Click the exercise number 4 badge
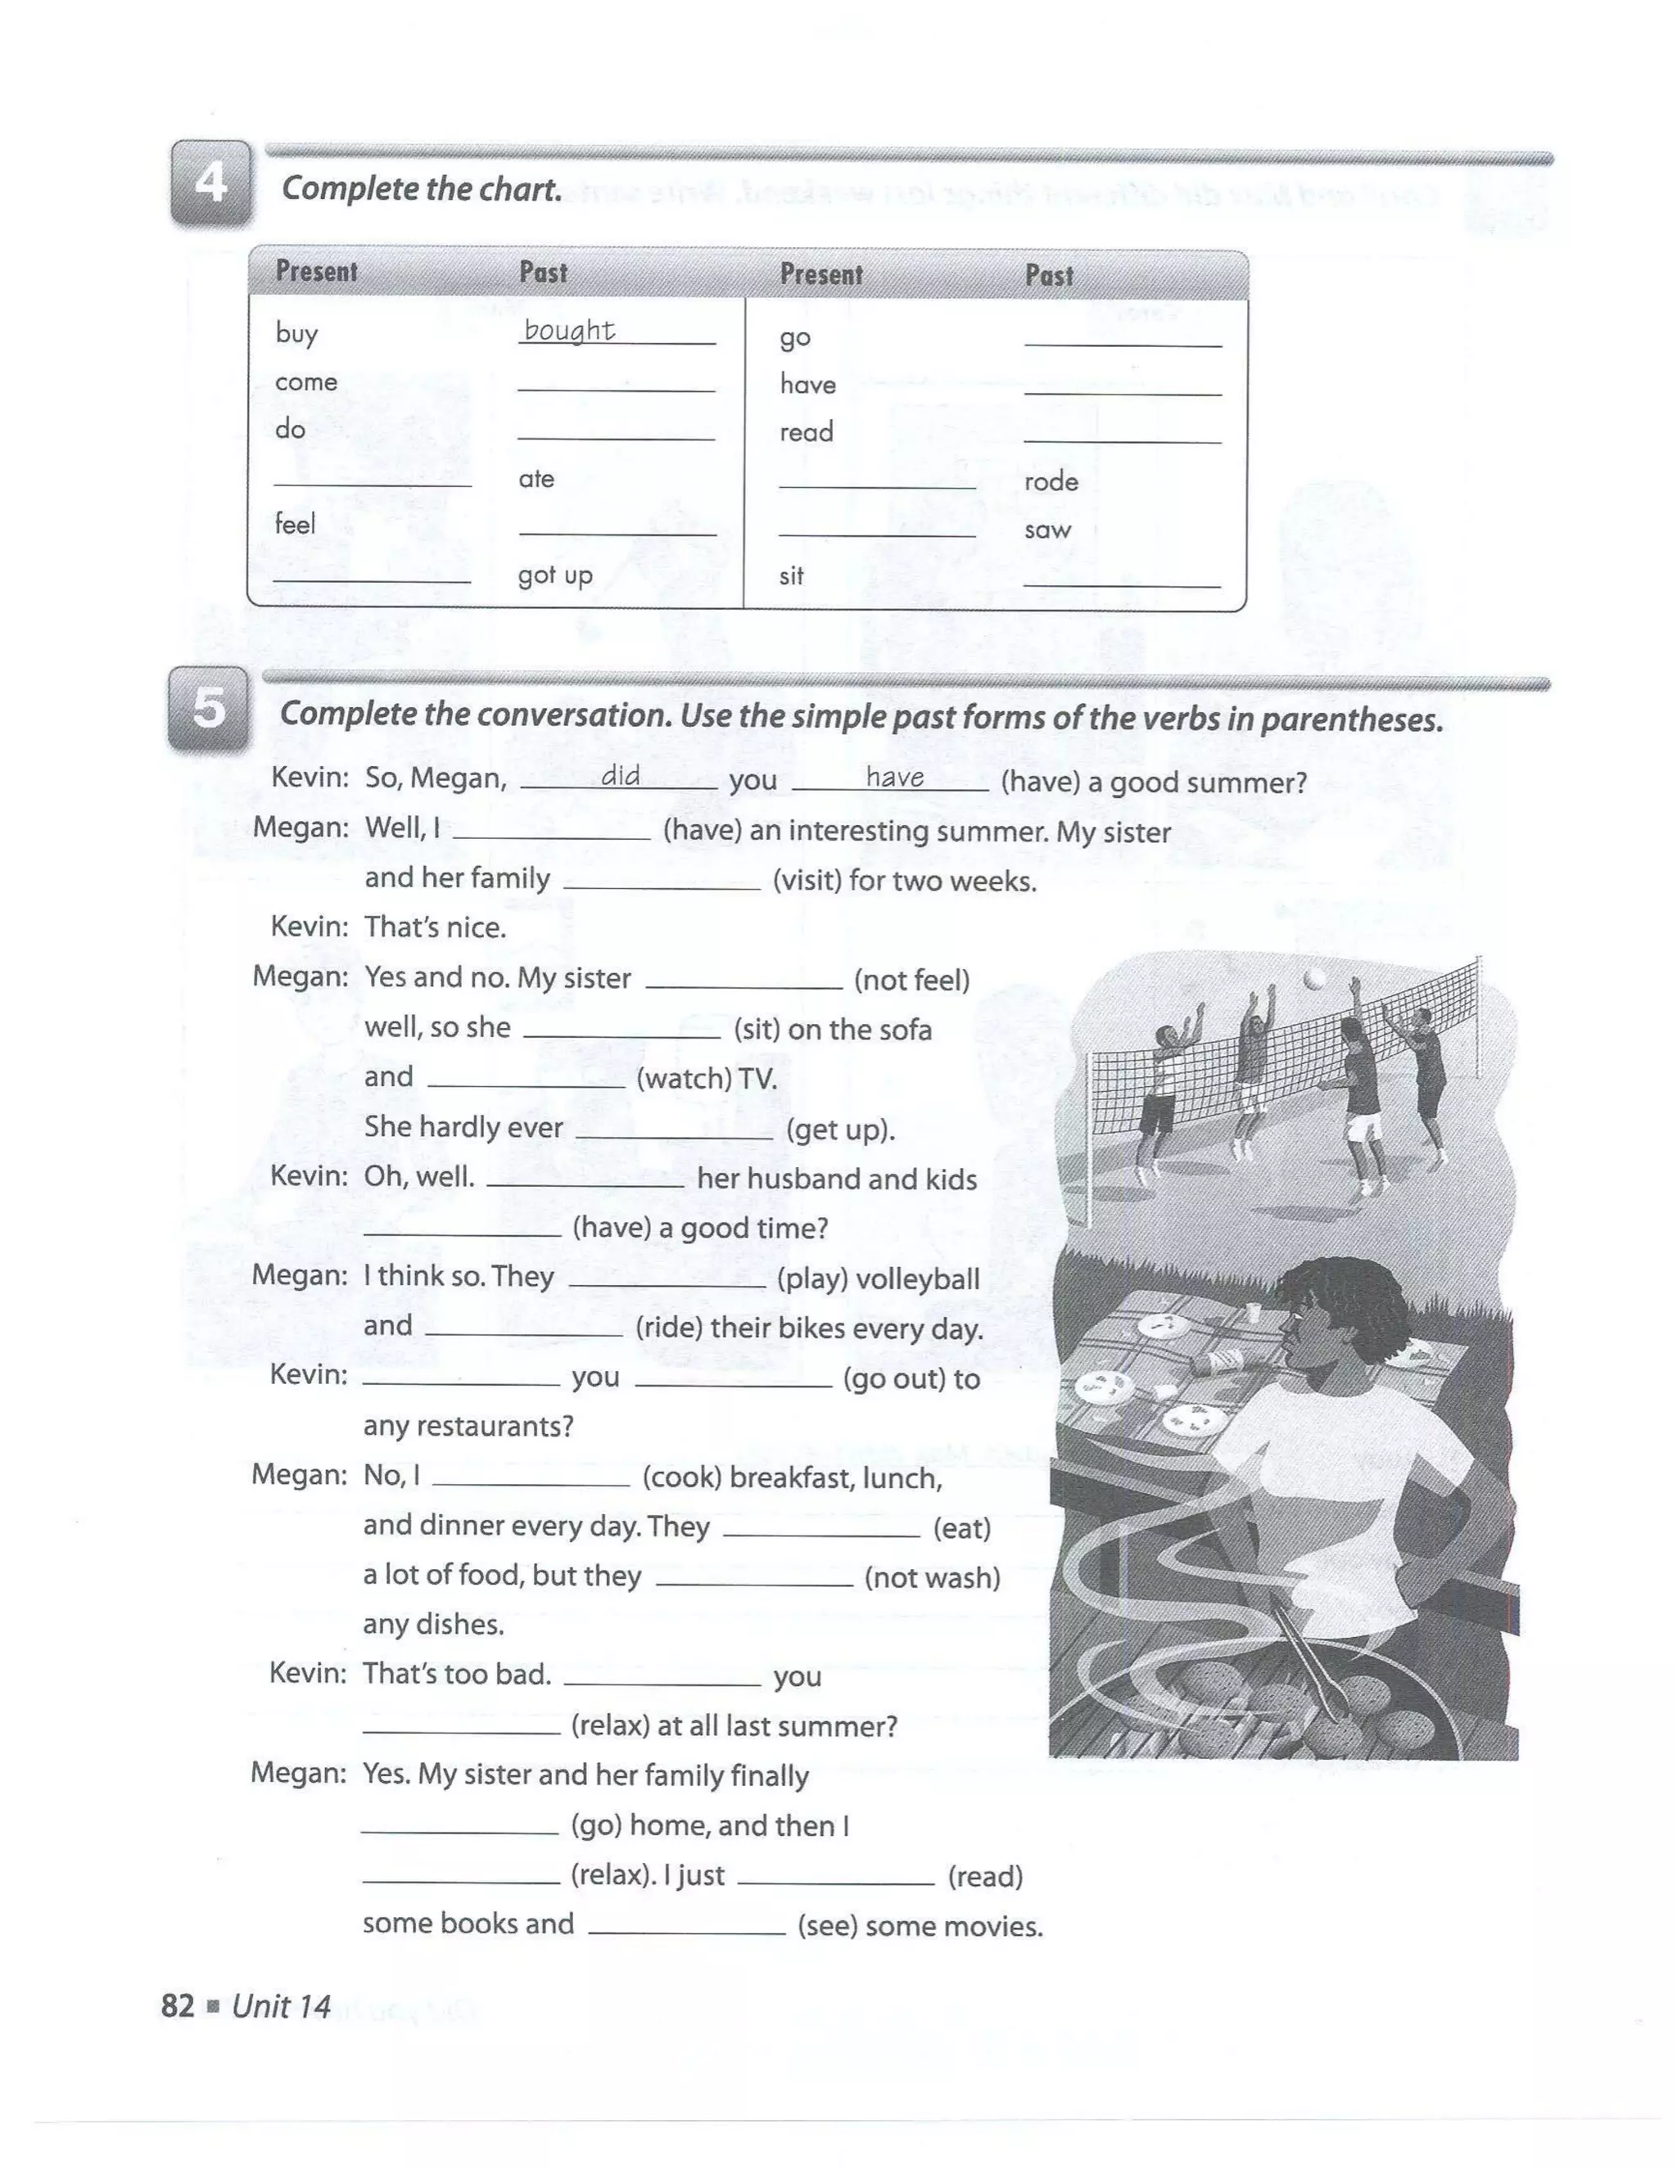click(210, 183)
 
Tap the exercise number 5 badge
click(209, 708)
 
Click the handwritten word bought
click(569, 330)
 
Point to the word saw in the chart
click(1047, 530)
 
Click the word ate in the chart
click(536, 479)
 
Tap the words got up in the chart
click(554, 575)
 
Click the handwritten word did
click(620, 777)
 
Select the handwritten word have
click(894, 778)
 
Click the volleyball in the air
click(1313, 979)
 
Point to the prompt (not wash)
click(932, 1578)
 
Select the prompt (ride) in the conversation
click(667, 1328)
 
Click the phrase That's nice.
click(435, 927)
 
